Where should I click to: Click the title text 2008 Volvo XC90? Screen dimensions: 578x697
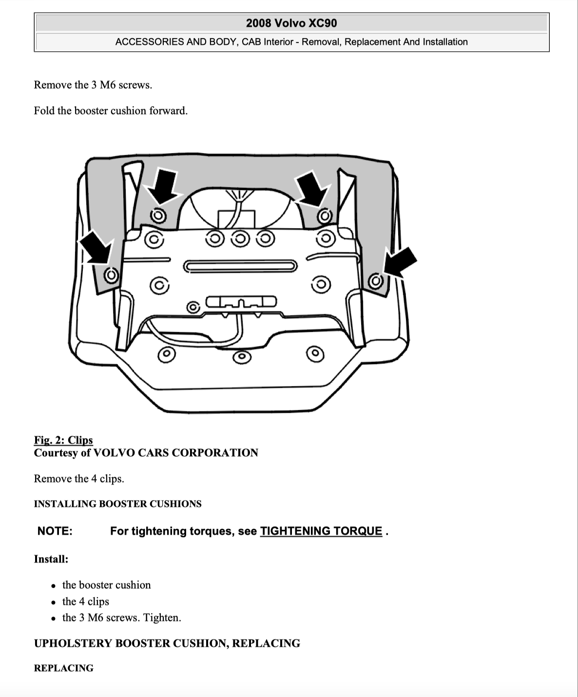pos(291,23)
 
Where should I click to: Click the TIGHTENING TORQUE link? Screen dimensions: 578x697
pos(321,531)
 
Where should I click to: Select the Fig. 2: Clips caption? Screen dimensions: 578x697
pos(63,440)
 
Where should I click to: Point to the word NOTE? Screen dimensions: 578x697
pos(55,531)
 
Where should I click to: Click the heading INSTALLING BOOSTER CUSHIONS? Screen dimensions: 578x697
pos(118,503)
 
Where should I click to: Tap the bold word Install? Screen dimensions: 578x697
pos(51,559)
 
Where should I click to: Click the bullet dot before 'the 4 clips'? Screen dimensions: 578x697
pos(54,602)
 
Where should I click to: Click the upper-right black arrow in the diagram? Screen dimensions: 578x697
pos(311,189)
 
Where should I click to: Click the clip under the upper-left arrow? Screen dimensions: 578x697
pos(158,216)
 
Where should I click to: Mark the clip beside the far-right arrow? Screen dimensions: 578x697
pos(376,281)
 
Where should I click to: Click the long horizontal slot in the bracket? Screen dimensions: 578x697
pos(240,267)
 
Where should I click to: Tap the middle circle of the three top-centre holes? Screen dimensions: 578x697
pos(240,239)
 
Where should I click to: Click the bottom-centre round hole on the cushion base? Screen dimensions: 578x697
pos(242,357)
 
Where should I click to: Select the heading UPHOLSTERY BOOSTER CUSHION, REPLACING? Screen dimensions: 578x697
pos(167,643)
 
